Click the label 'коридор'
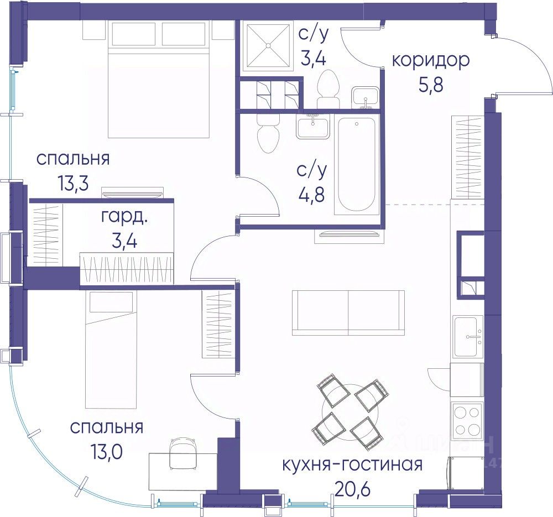431,61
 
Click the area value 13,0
107,451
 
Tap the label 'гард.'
124,217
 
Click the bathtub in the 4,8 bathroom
356,166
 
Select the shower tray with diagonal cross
267,45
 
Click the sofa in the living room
348,312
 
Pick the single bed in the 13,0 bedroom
111,349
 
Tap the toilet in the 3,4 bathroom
328,90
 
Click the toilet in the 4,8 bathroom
268,134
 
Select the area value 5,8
431,85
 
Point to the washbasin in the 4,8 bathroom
312,127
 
